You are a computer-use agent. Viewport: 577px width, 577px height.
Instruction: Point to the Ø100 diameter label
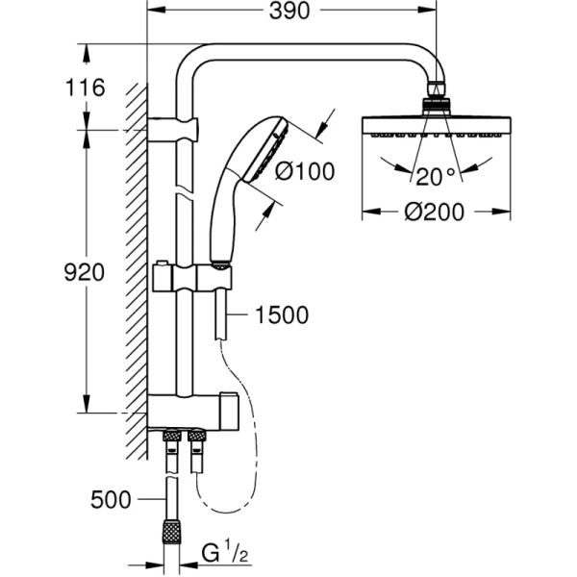coord(304,172)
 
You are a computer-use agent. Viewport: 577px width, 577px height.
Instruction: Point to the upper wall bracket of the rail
coord(175,126)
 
